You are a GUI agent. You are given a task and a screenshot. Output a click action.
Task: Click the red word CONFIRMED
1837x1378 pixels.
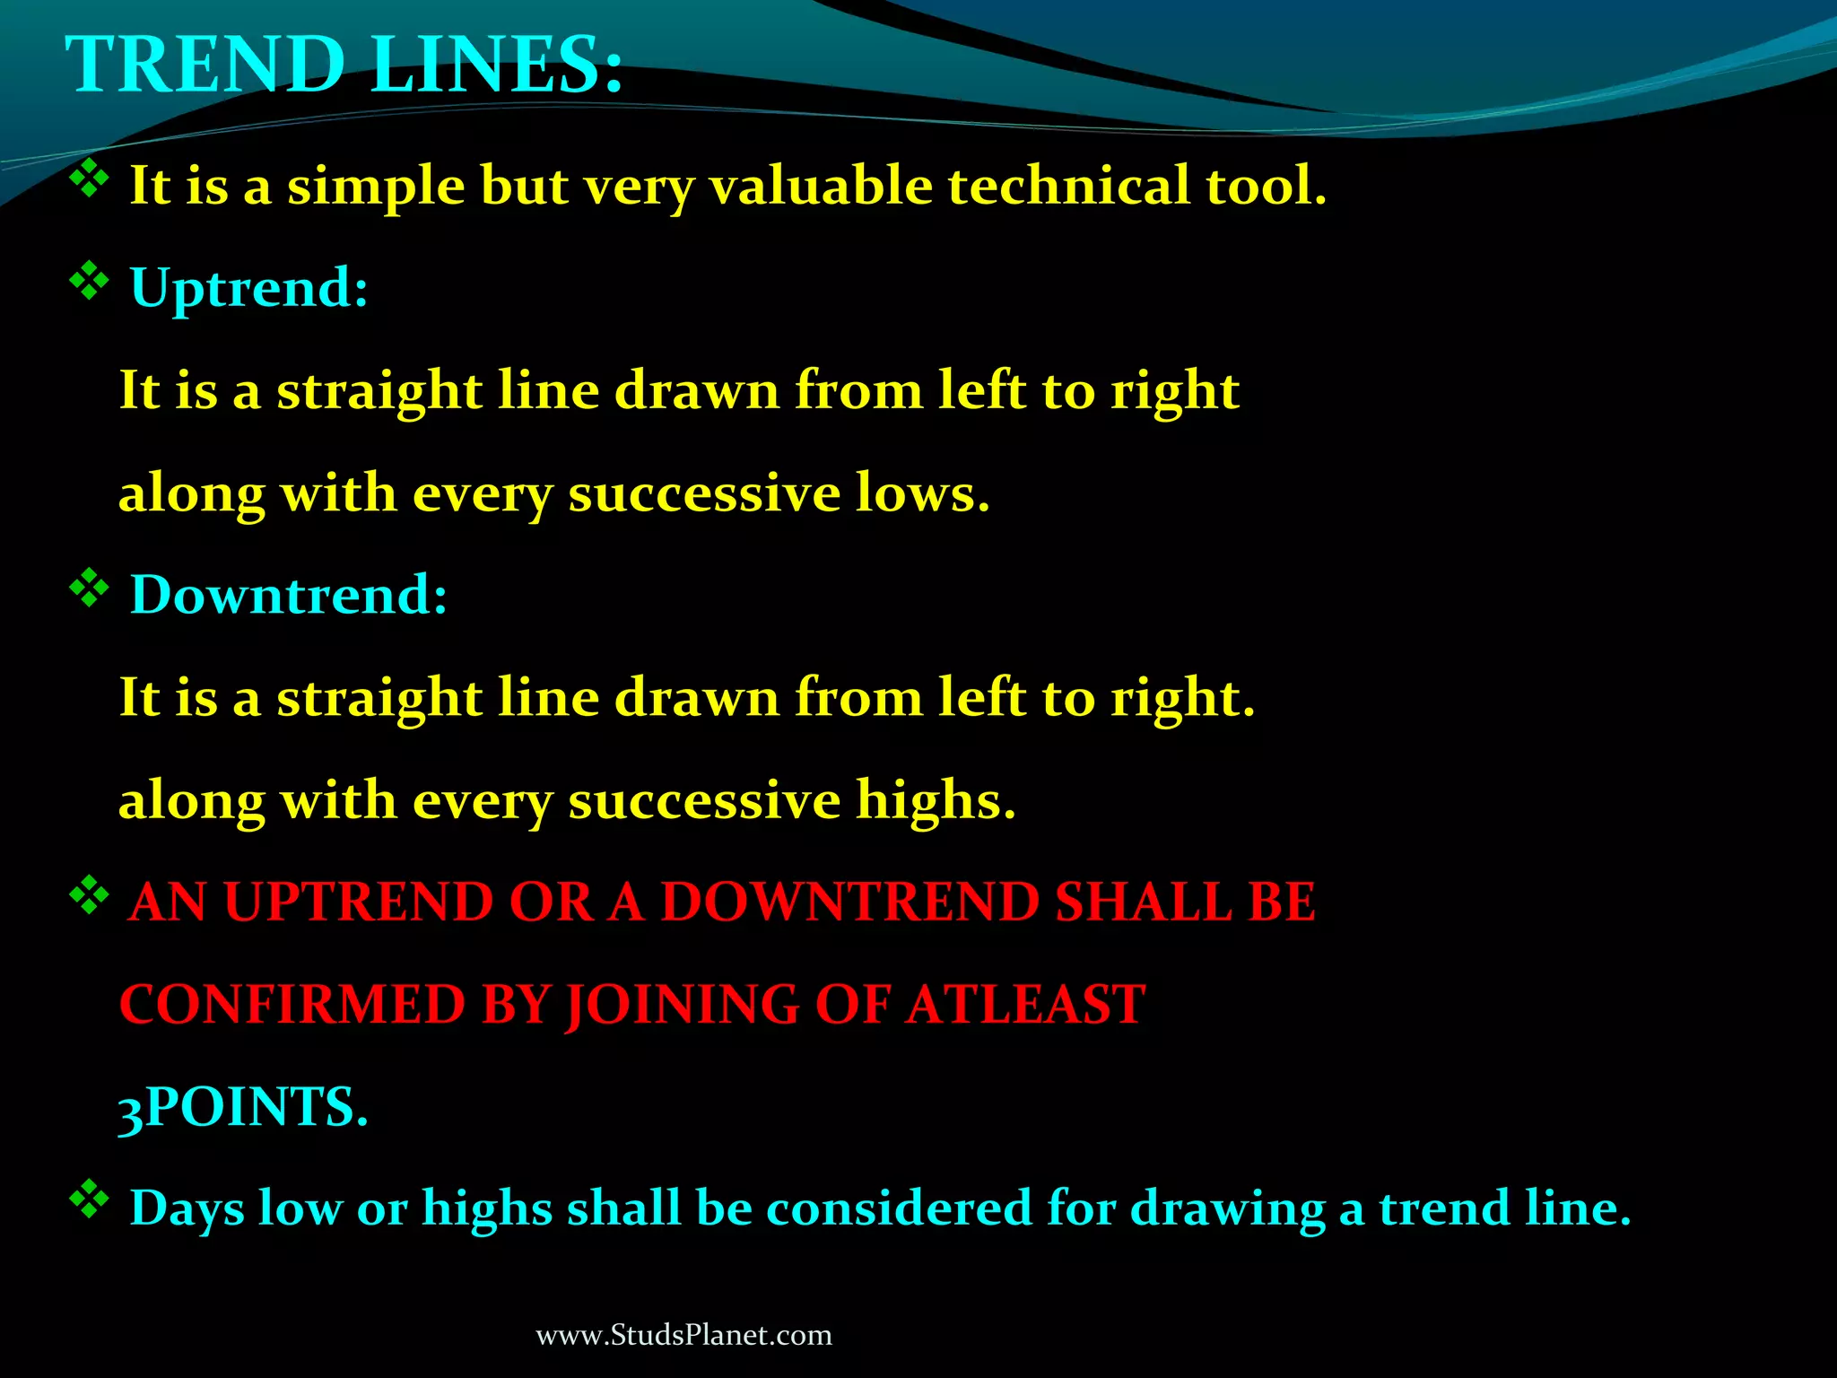tap(292, 1004)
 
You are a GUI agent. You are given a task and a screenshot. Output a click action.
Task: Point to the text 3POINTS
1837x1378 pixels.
tap(243, 1107)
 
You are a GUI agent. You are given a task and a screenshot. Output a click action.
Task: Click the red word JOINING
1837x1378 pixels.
tap(681, 1006)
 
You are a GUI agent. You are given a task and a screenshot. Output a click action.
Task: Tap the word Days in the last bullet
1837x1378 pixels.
tap(187, 1209)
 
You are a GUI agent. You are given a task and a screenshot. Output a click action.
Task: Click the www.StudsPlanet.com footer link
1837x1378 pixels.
tap(683, 1335)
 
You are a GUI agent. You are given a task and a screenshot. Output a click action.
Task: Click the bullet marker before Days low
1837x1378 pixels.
tap(89, 1200)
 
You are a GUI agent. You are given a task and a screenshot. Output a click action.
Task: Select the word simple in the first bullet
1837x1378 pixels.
tap(376, 188)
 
